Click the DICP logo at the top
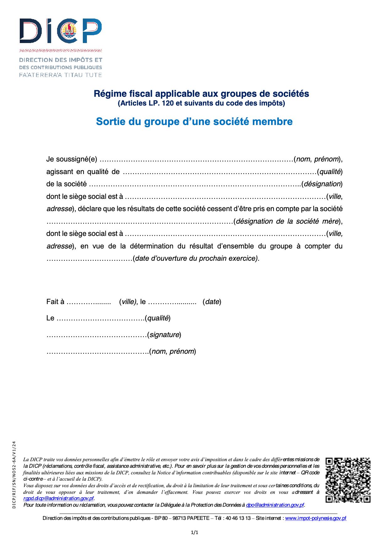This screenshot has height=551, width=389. [x=61, y=31]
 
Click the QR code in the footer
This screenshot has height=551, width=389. [x=348, y=480]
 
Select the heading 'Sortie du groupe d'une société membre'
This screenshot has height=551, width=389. [x=194, y=122]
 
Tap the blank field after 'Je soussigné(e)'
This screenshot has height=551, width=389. [x=196, y=160]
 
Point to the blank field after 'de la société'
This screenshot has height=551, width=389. [x=194, y=184]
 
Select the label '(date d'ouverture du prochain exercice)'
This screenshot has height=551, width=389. [x=196, y=259]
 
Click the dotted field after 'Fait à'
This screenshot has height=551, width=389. [x=89, y=302]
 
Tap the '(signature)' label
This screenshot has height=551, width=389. [x=164, y=335]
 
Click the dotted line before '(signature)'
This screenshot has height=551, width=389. [x=97, y=335]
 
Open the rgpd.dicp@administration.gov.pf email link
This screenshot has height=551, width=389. [x=59, y=499]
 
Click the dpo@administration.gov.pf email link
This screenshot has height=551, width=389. [x=275, y=505]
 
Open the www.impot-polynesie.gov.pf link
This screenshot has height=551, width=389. [x=316, y=518]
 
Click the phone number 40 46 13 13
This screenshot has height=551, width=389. [x=238, y=518]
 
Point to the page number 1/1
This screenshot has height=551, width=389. [x=194, y=532]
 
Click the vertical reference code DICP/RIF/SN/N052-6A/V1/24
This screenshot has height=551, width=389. [x=14, y=474]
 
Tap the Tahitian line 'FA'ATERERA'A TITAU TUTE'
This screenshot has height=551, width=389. [x=61, y=75]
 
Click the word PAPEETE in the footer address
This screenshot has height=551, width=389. [x=198, y=518]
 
